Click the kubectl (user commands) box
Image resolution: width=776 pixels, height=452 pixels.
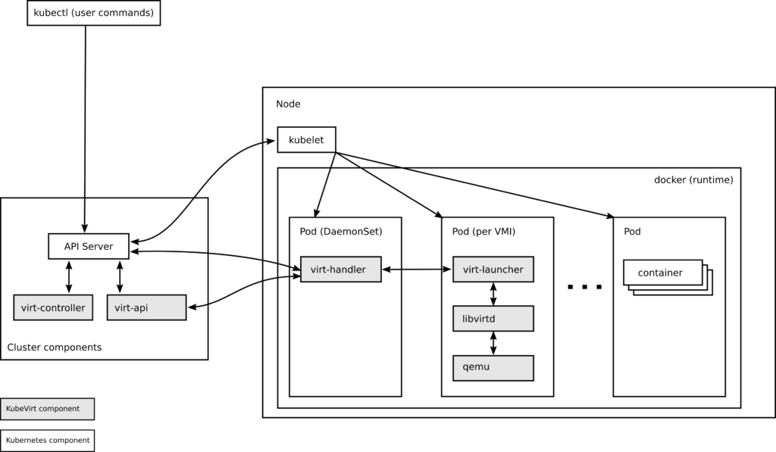pos(93,13)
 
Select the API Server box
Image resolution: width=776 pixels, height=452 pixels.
pos(89,246)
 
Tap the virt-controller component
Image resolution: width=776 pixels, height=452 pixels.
pos(53,307)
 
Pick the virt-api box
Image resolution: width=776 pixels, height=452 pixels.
pos(145,307)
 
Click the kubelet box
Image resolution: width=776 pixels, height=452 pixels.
pos(306,140)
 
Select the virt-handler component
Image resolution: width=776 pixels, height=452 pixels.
pos(340,270)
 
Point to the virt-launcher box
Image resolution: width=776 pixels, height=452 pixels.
pos(493,270)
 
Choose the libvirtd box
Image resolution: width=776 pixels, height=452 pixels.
pos(493,319)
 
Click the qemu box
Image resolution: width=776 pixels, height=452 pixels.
pos(493,368)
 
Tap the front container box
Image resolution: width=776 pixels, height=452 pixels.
pos(662,273)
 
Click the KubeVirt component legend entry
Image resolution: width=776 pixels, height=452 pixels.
pos(47,409)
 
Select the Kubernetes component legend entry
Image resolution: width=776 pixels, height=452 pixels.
pos(47,440)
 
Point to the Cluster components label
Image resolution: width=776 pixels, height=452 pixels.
pos(54,348)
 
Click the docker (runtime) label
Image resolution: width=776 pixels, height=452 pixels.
pos(693,179)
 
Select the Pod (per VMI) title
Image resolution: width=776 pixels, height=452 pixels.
pos(483,232)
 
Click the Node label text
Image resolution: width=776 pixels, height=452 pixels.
pos(288,104)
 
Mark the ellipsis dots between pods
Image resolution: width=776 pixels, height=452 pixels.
pos(584,287)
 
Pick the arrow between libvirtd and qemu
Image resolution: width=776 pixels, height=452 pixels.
pos(494,343)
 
